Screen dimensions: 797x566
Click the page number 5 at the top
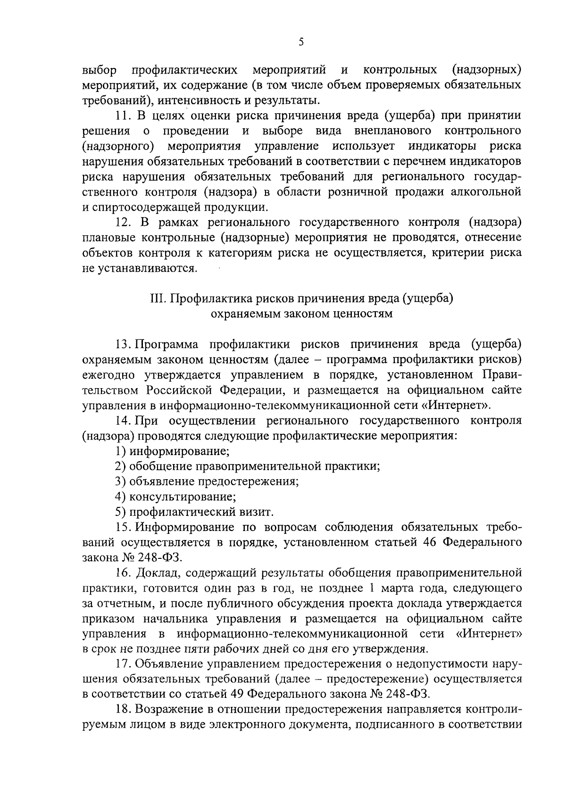[x=301, y=42]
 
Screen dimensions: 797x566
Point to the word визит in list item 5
[x=257, y=512]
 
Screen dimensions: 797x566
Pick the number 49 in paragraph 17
[x=237, y=694]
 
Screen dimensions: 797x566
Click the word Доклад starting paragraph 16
[x=156, y=573]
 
